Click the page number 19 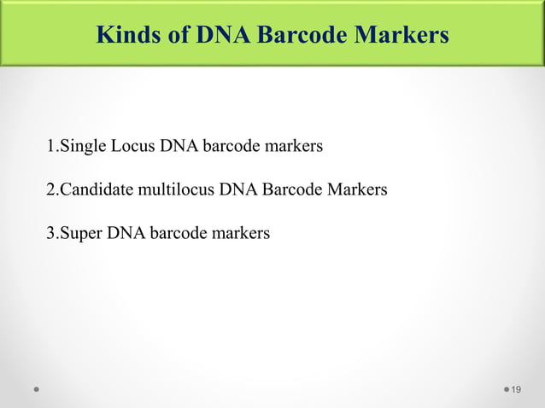[515, 389]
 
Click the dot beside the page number [505, 389]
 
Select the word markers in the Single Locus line [294, 146]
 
